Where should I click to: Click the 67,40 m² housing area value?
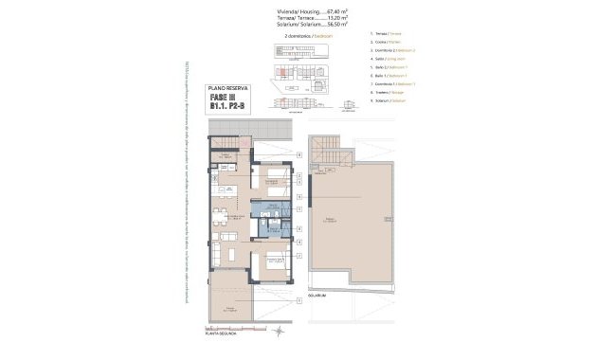point(331,12)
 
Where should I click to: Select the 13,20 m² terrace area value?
point(331,19)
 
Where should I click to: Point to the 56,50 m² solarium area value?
point(331,26)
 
